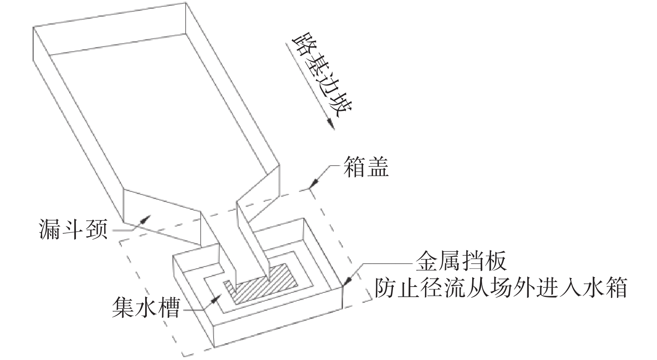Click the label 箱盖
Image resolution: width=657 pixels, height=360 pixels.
pos(366,166)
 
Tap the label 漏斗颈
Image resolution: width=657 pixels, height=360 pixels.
pos(73,229)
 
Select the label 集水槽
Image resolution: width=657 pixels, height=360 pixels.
pos(146,307)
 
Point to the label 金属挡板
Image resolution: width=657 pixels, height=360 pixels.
pos(461,261)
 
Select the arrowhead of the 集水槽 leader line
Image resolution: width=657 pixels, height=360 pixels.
pos(215,299)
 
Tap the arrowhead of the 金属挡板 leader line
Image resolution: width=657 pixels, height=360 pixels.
pos(347,280)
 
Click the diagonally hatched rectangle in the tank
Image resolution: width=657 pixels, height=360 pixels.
pos(260,283)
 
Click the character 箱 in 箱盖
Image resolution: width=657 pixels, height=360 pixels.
pos(354,166)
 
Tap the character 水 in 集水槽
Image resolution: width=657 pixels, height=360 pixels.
pos(146,307)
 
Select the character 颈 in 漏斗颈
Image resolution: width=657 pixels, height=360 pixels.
pos(96,229)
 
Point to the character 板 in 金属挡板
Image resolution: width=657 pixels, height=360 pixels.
pos(496,261)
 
